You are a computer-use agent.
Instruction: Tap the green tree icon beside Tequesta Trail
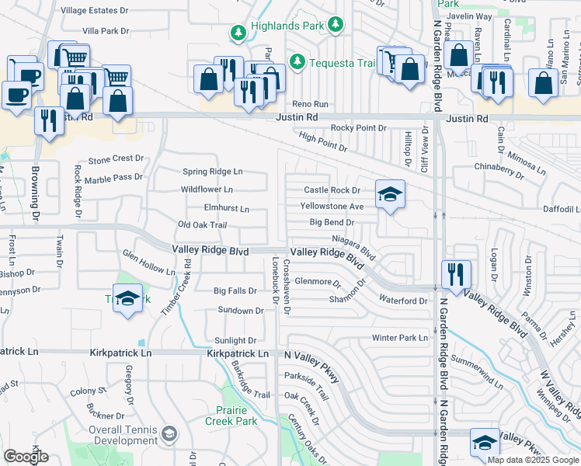pyautogui.click(x=296, y=61)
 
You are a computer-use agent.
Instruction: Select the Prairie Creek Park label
pyautogui.click(x=231, y=416)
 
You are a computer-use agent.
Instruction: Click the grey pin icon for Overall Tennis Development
pyautogui.click(x=170, y=433)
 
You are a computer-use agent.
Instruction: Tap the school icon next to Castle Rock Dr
pyautogui.click(x=390, y=194)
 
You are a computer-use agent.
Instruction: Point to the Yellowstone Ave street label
pyautogui.click(x=332, y=207)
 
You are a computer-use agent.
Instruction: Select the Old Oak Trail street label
pyautogui.click(x=202, y=224)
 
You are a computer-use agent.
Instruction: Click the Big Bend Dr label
pyautogui.click(x=332, y=222)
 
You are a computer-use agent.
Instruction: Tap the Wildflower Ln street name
pyautogui.click(x=207, y=189)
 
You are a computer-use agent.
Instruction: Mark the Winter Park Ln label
pyautogui.click(x=400, y=338)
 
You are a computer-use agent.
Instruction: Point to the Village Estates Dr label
pyautogui.click(x=95, y=11)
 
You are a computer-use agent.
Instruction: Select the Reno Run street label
pyautogui.click(x=310, y=104)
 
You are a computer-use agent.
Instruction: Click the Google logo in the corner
pyautogui.click(x=26, y=457)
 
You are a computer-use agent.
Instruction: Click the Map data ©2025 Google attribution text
pyautogui.click(x=533, y=460)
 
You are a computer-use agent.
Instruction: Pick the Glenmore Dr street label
pyautogui.click(x=318, y=282)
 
